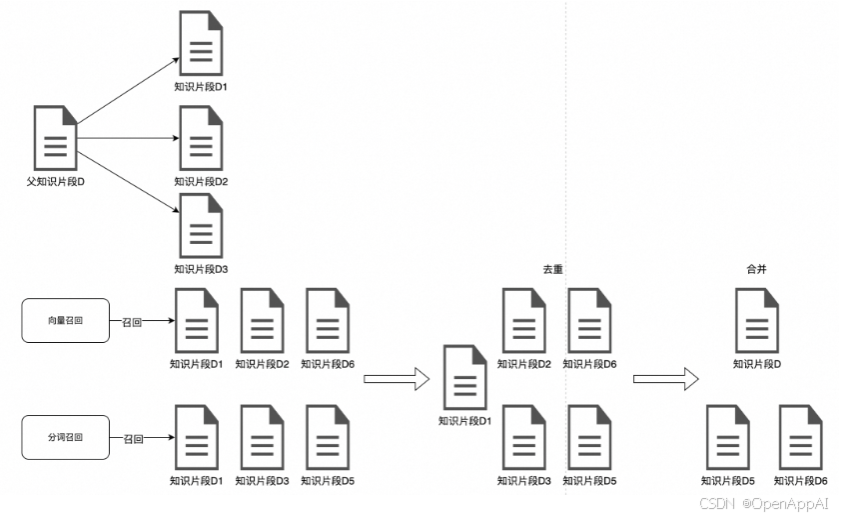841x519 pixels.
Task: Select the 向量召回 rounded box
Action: click(66, 321)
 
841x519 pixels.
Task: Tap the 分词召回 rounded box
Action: click(66, 438)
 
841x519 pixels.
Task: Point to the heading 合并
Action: click(756, 270)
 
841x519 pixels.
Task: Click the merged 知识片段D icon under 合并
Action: click(757, 320)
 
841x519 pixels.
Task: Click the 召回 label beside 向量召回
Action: click(133, 322)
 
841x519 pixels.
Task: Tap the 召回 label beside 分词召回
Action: click(133, 439)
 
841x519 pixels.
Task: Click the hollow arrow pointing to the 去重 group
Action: click(396, 379)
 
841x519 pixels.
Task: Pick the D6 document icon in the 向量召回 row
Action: click(328, 320)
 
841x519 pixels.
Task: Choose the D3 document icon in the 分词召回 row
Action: click(262, 437)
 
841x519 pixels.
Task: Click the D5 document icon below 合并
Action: click(727, 437)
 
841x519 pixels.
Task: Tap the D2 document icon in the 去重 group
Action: click(523, 320)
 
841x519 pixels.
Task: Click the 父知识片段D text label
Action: click(56, 183)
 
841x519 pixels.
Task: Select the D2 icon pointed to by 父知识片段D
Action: click(201, 138)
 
